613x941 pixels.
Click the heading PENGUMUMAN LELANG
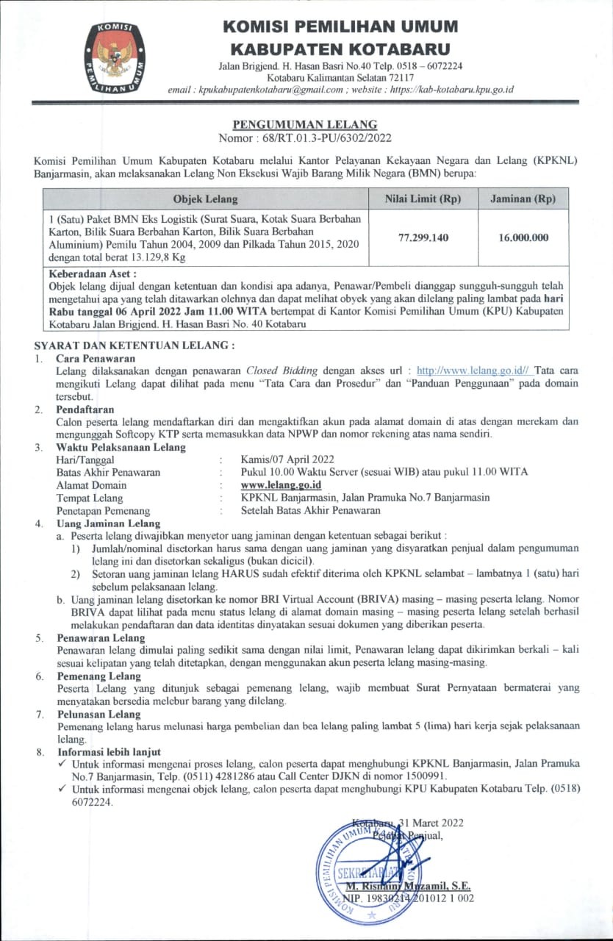(305, 125)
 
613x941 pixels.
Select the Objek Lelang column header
(205, 199)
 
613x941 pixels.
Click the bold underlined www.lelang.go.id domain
(281, 485)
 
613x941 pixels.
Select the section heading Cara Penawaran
(91, 358)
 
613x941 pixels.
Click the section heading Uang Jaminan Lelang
(109, 523)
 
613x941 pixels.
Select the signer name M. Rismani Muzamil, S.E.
(408, 887)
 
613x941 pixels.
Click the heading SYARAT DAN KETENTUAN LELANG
(135, 345)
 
